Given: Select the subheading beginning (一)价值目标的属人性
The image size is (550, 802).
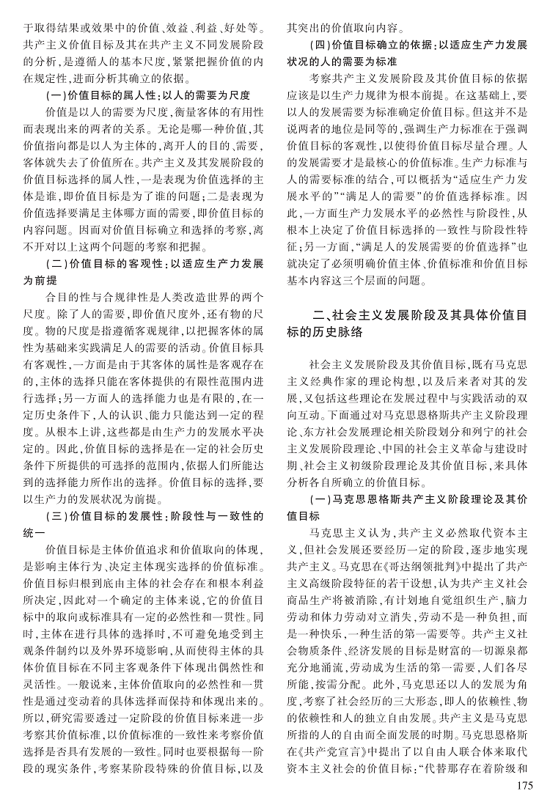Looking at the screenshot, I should [147, 95].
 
